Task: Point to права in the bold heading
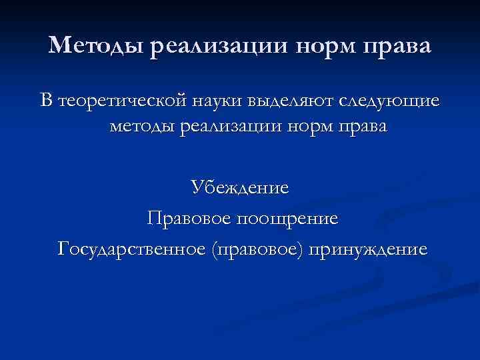pos(399,47)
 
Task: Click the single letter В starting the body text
pos(46,101)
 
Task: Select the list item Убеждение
pos(240,187)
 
